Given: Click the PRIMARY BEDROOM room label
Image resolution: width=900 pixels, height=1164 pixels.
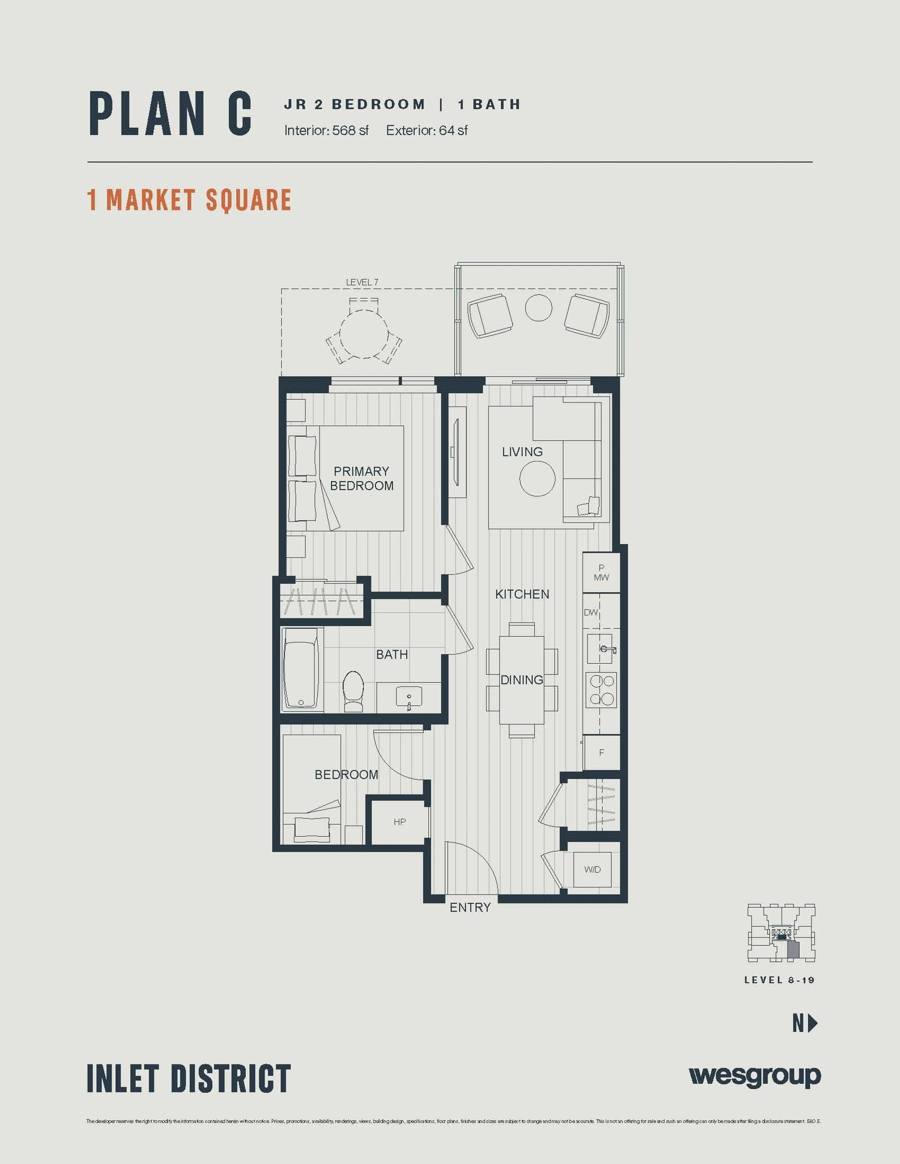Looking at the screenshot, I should coord(361,478).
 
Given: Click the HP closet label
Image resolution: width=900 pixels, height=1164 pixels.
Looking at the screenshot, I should coord(399,822).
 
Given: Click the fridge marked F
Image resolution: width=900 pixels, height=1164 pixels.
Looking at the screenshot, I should coord(601,753).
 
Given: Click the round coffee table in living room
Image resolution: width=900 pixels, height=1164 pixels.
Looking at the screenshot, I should coord(537,478).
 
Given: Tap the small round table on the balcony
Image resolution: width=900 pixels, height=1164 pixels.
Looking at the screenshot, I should coord(538,308).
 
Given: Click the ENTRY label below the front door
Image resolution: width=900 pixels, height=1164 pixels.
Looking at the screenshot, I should coord(470,907).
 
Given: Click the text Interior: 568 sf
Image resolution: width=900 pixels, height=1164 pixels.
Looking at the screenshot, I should coord(326,130).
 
